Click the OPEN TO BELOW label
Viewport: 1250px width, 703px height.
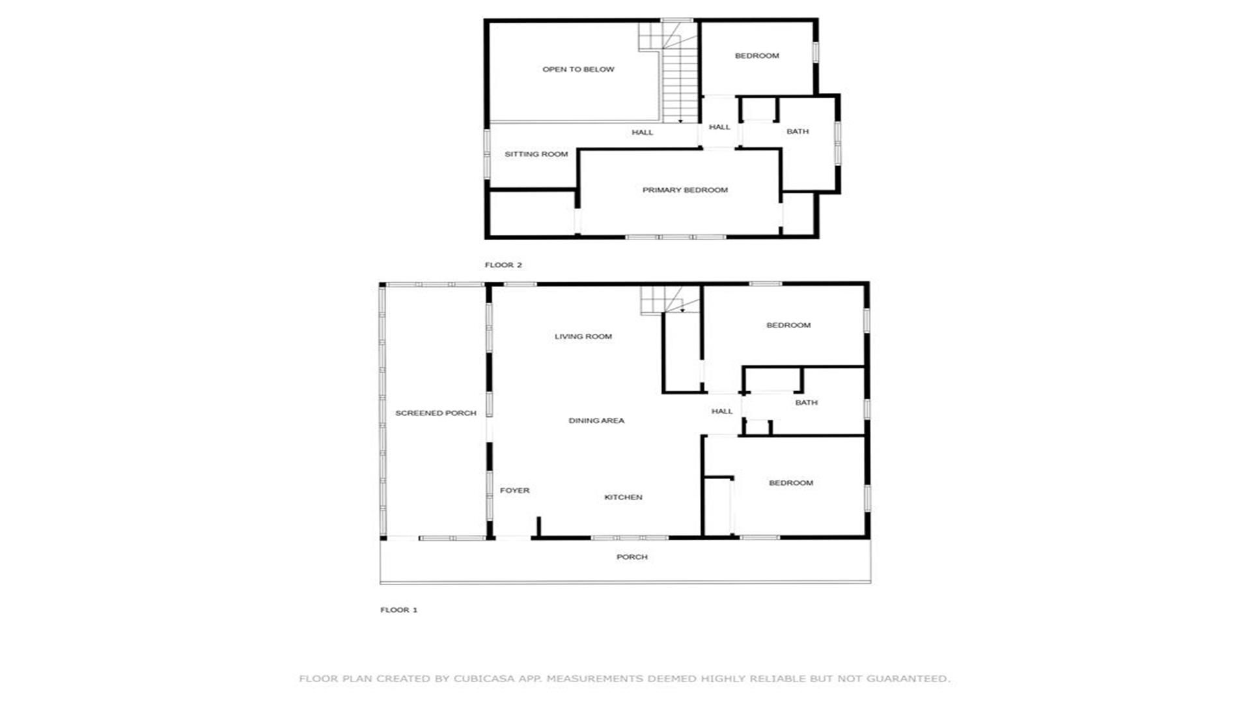[x=578, y=70]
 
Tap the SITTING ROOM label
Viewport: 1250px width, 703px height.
[x=536, y=154]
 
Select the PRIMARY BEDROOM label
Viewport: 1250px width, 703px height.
[x=685, y=190]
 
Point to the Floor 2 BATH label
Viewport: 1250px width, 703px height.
[x=798, y=131]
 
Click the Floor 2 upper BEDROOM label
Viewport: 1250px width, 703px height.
[x=757, y=56]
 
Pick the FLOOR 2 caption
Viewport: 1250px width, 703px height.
[x=503, y=265]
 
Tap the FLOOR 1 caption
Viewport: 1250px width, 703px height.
[x=398, y=610]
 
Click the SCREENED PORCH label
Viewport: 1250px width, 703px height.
[x=436, y=413]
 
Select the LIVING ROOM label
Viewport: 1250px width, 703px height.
[x=583, y=337]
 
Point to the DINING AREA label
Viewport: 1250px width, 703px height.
[x=596, y=420]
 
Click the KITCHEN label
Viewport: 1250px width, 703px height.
[x=623, y=497]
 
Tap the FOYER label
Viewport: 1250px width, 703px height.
[x=514, y=491]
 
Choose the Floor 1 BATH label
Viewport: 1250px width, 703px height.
[x=806, y=403]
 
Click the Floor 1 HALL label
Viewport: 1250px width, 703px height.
[x=722, y=411]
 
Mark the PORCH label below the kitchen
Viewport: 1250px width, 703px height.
[x=632, y=557]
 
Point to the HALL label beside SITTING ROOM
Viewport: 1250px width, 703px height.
[x=642, y=133]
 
